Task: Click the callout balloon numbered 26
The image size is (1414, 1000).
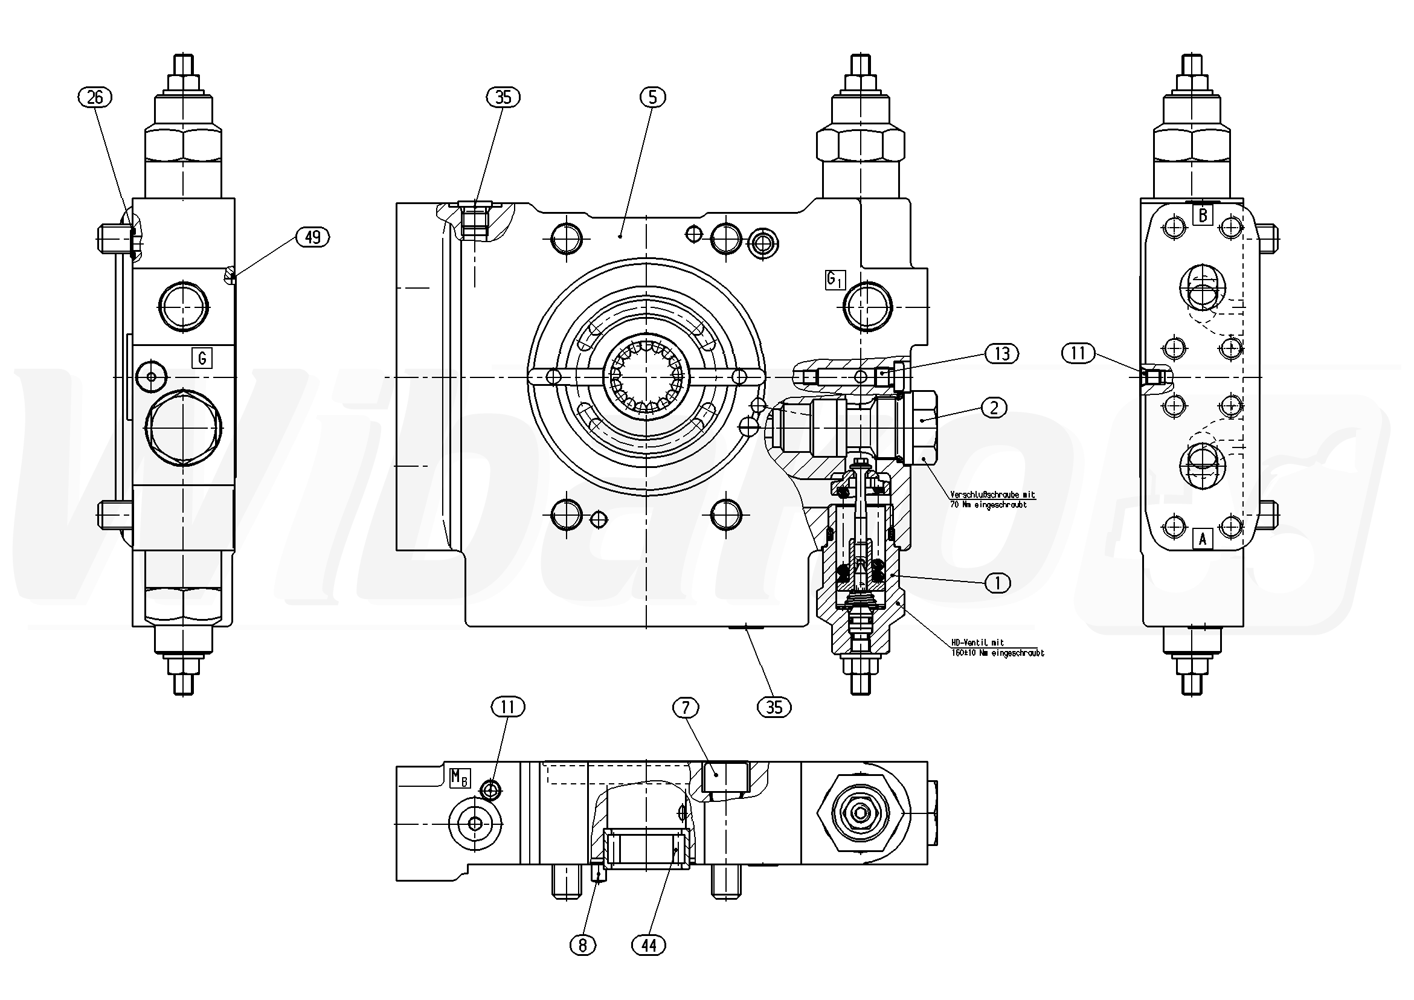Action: (95, 97)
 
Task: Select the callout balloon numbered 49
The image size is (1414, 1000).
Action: (313, 237)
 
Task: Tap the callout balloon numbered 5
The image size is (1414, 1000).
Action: (653, 97)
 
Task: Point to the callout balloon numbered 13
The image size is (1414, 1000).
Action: (1002, 353)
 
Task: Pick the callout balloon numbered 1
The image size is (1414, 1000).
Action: (998, 582)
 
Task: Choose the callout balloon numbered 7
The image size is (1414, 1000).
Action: (686, 708)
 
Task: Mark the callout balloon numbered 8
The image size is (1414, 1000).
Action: (583, 944)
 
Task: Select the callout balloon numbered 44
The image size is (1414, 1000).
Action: (649, 944)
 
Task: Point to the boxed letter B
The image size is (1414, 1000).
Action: (1202, 215)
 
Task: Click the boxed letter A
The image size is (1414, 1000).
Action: (1202, 539)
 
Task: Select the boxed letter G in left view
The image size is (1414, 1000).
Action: (202, 357)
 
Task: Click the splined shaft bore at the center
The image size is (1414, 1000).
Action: (646, 376)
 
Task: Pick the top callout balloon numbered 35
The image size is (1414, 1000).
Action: (503, 97)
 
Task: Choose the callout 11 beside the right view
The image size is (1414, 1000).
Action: (1078, 353)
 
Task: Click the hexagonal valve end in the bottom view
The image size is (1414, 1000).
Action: (861, 813)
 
